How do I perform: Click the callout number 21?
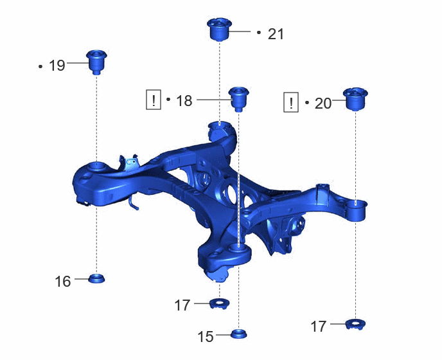276,34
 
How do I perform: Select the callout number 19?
57,66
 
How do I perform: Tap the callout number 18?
184,101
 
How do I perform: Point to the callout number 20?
323,104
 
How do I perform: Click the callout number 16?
62,282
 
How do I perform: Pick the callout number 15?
206,337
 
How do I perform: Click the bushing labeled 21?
219,30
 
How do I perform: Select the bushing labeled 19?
96,62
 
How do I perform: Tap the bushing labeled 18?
239,99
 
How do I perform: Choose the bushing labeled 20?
355,99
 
